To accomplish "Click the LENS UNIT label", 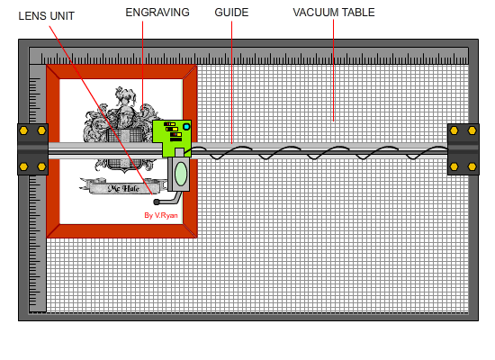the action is pos(47,16).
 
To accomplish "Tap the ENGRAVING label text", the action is pos(157,13).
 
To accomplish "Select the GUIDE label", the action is pos(231,13).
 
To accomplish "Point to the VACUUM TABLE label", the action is pos(334,13).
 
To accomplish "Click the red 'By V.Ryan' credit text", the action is pos(161,215).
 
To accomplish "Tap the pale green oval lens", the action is pos(181,174).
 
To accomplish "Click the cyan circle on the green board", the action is pos(186,127).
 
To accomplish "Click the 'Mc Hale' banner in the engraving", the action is pos(123,187).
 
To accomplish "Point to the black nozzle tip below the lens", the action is pos(156,202).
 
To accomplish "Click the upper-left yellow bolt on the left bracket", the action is pos(23,130).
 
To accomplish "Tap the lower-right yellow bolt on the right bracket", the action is pos(472,166).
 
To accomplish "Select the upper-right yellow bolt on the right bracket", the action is pos(472,130).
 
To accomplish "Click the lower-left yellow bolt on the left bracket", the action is pos(23,166).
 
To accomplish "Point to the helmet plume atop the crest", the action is pos(126,95).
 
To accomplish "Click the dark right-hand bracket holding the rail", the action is pos(463,149).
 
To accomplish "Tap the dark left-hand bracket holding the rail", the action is pos(32,149).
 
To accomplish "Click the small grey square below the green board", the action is pos(179,152).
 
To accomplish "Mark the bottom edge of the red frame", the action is pos(121,230).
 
